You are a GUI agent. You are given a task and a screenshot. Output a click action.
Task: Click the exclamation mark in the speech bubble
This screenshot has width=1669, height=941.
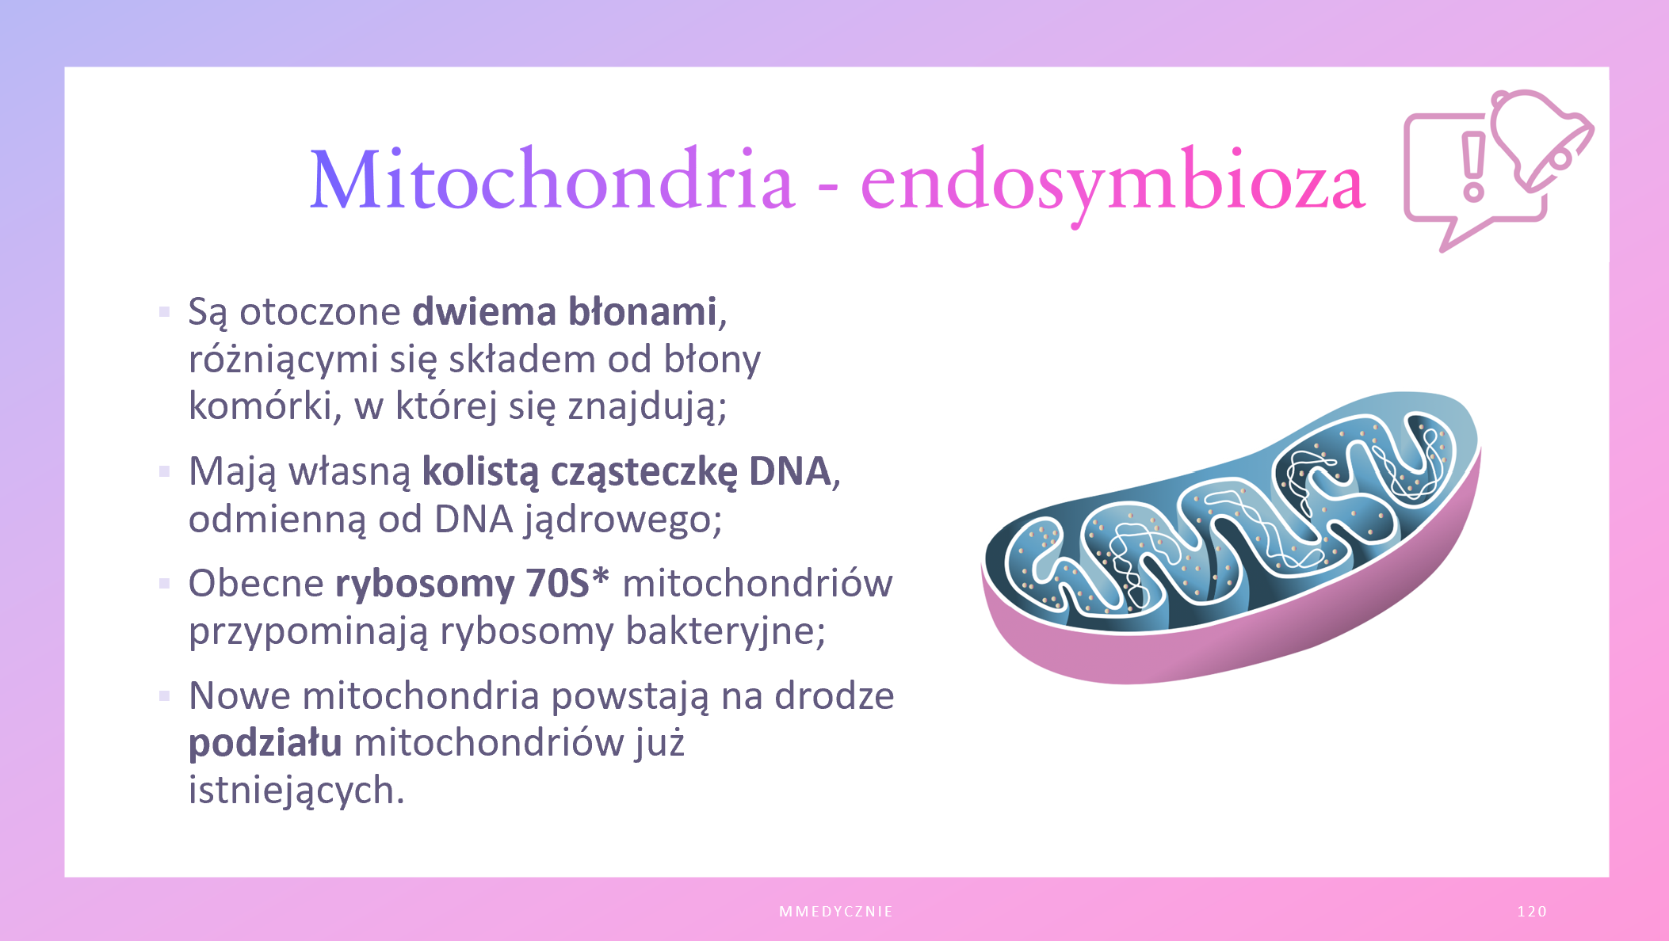pyautogui.click(x=1473, y=166)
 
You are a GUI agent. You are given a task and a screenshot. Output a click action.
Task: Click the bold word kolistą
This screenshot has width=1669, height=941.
pyautogui.click(x=480, y=473)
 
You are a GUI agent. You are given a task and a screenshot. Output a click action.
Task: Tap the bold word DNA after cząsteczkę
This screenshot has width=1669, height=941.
pyautogui.click(x=789, y=471)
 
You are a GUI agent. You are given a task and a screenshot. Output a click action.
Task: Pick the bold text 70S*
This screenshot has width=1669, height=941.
pyautogui.click(x=567, y=583)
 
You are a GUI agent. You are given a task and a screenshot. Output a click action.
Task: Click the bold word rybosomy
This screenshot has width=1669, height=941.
pyautogui.click(x=425, y=586)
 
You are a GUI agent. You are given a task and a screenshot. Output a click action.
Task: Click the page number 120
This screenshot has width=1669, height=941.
pyautogui.click(x=1532, y=912)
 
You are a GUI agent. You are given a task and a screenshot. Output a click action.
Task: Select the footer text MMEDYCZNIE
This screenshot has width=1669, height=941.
pyautogui.click(x=836, y=912)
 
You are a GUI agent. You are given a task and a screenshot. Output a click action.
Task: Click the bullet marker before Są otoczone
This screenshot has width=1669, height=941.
pyautogui.click(x=165, y=312)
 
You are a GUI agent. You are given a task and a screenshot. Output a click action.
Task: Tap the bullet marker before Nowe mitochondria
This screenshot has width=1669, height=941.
pyautogui.click(x=165, y=696)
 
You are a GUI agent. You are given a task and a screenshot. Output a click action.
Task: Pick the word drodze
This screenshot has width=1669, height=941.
pyautogui.click(x=834, y=695)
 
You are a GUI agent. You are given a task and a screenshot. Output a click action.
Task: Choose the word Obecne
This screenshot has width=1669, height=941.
pyautogui.click(x=256, y=584)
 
